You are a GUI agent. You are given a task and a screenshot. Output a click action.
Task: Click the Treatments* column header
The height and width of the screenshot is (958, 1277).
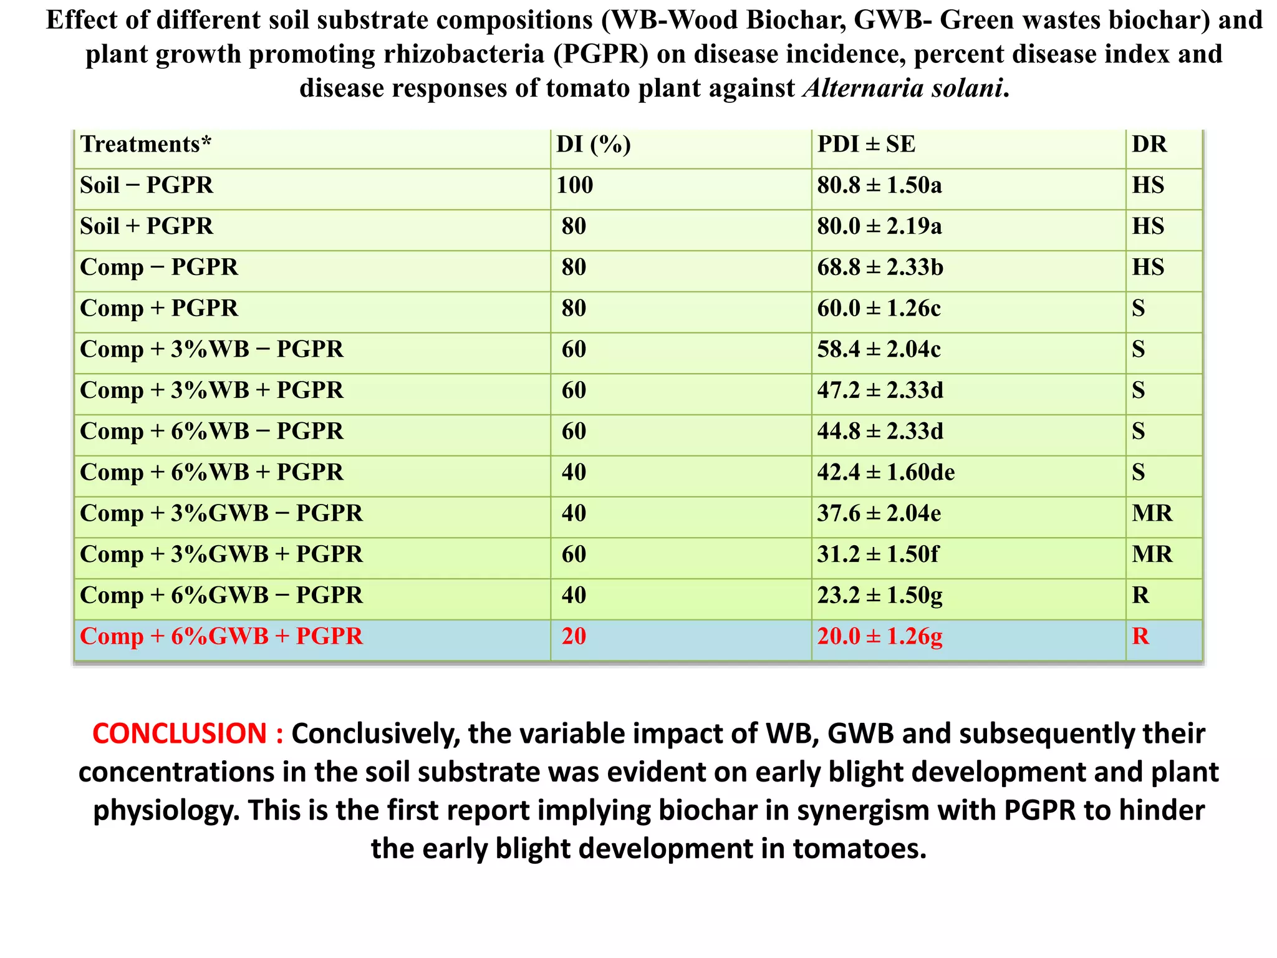146,145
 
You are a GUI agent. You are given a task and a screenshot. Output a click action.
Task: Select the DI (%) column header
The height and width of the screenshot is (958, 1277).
593,145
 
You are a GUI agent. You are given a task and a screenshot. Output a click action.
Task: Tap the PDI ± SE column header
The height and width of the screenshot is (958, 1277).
866,145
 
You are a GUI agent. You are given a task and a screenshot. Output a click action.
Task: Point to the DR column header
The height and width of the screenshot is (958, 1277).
1149,145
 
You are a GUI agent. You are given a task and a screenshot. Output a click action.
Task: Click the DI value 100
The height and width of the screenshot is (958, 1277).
574,185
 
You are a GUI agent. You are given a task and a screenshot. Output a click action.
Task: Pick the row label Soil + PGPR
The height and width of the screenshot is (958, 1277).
147,226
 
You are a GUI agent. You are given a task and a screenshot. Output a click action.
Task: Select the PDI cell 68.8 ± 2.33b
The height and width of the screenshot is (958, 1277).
880,267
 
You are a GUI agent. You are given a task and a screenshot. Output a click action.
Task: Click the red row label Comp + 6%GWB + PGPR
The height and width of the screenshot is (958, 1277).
221,636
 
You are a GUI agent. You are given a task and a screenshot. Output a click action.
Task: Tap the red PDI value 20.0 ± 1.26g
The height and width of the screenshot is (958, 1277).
879,636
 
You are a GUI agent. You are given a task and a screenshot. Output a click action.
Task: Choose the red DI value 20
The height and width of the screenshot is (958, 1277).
574,636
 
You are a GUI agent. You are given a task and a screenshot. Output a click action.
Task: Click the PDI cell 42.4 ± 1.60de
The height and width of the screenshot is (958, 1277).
885,472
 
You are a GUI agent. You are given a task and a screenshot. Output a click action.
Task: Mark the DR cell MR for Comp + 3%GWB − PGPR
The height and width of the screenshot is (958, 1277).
1152,513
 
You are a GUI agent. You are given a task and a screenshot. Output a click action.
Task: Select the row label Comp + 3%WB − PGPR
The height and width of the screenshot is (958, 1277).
211,349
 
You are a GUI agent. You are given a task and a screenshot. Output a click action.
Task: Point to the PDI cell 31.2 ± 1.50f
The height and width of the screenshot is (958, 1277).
877,554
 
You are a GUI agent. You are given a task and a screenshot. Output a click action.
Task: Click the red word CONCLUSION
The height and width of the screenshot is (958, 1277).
180,733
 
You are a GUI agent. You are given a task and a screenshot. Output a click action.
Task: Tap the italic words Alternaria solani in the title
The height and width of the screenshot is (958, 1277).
903,88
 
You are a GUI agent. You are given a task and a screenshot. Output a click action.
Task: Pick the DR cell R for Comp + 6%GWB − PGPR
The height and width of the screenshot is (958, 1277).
1140,595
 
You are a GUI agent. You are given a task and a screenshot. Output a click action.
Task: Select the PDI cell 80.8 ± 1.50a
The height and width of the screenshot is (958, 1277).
879,185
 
